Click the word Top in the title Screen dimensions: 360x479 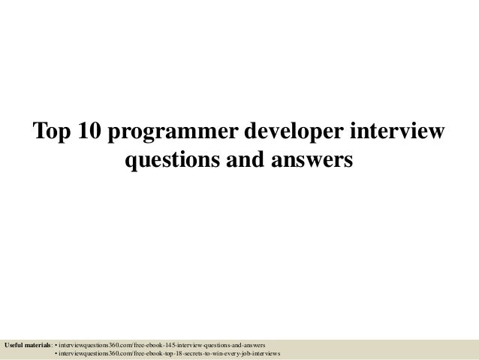pos(50,132)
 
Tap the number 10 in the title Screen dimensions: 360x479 pos(89,132)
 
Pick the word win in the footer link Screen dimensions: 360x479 pos(223,352)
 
